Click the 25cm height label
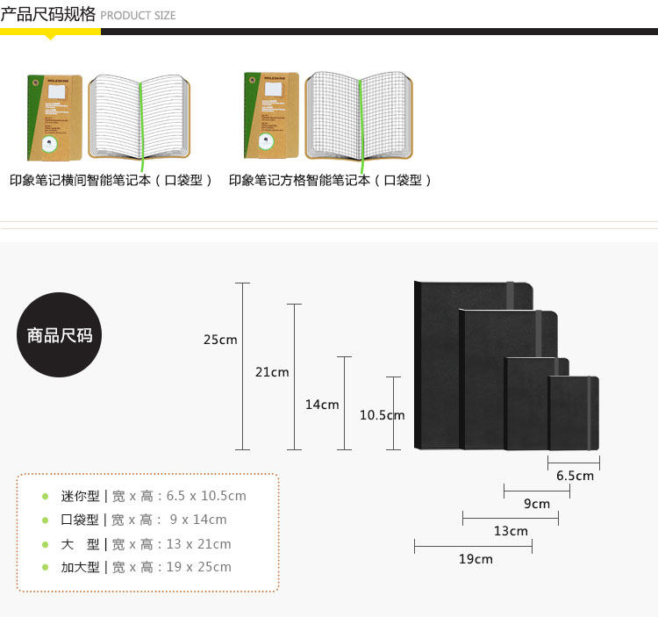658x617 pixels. tap(220, 340)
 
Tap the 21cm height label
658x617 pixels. tap(272, 372)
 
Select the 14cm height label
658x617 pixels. tap(322, 405)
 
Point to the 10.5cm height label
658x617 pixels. tap(382, 415)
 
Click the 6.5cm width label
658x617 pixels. tap(575, 476)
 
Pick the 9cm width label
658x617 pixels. tap(537, 504)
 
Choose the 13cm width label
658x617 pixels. tap(511, 531)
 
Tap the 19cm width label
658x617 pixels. tap(476, 559)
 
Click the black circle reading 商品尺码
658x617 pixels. tap(60, 335)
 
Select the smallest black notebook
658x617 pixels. tap(574, 413)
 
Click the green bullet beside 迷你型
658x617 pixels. tap(46, 497)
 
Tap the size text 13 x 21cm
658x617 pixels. tap(198, 544)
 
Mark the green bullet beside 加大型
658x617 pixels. tap(46, 568)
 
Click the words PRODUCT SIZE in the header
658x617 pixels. tap(138, 15)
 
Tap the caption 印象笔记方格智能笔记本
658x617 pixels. tap(331, 180)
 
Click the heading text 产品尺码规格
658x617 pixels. tap(48, 14)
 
